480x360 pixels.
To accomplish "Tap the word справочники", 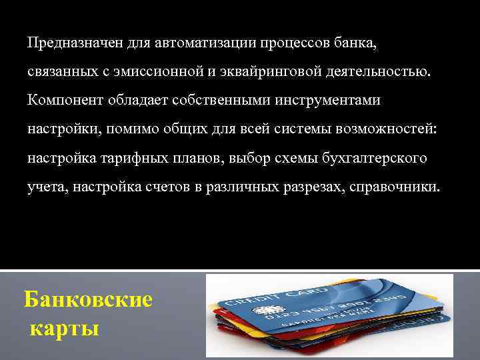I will [x=401, y=187].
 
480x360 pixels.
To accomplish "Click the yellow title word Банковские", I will [x=88, y=299].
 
